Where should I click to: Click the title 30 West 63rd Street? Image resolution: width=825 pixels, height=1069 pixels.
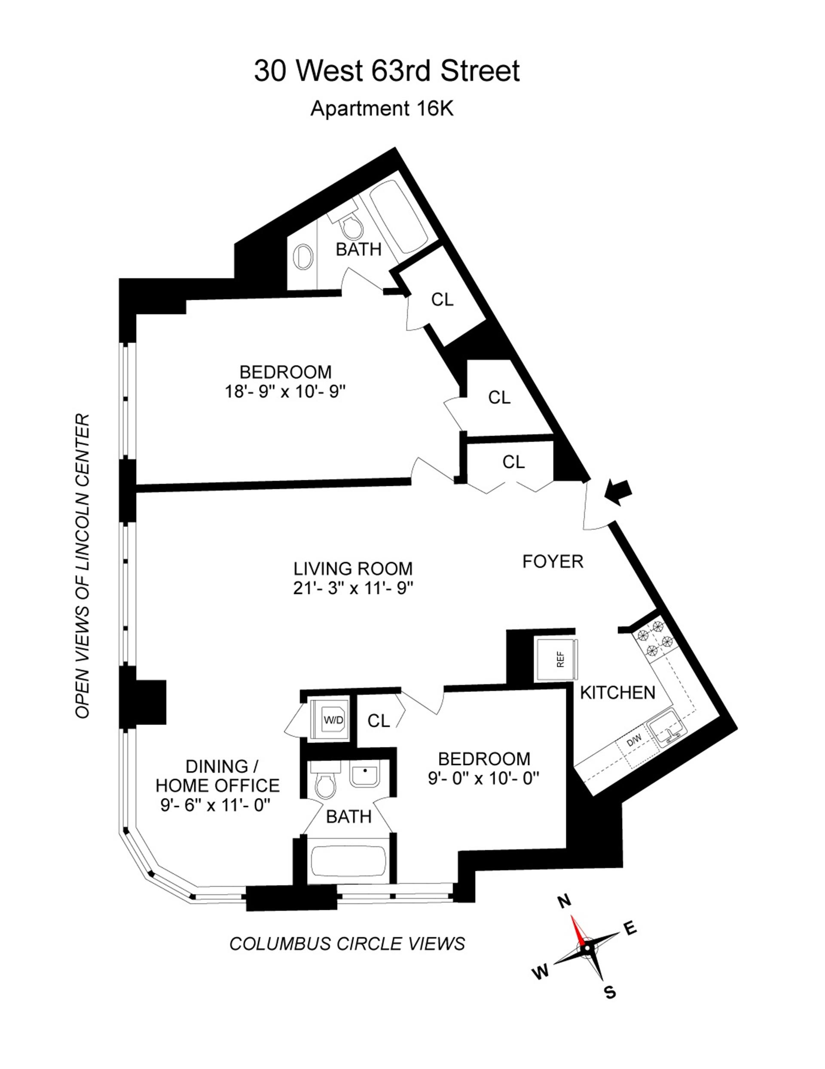386,71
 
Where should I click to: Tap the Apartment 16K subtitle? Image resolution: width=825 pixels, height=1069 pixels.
382,109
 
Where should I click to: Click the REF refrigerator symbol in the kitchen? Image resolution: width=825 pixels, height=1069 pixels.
556,659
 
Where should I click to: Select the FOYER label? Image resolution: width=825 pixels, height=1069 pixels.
553,562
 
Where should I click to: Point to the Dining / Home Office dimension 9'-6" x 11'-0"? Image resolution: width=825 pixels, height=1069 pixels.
216,805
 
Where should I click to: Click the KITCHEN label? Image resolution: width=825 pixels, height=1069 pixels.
617,693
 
